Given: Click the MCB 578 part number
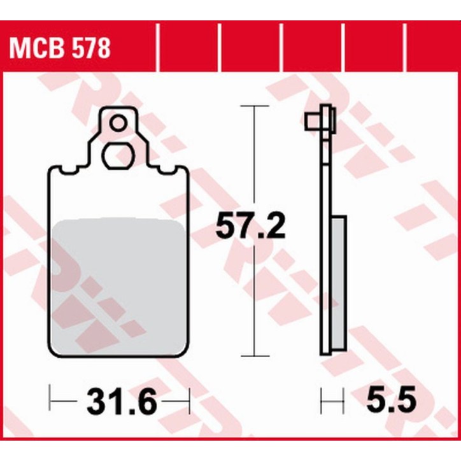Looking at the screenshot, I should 59,48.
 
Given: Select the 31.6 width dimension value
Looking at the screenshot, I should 120,402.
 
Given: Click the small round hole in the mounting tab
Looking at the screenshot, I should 118,122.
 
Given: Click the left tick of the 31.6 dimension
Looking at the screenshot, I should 50,402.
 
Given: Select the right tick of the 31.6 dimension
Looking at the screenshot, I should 188,402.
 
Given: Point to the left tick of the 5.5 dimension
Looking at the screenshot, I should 322,402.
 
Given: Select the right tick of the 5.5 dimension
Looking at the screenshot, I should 344,402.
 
